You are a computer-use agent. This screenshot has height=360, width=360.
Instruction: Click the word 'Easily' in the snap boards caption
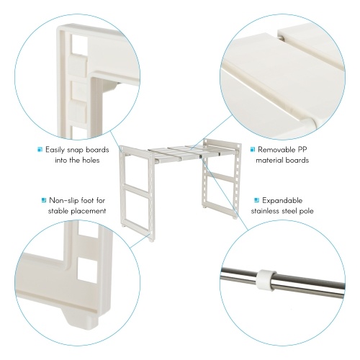point(55,150)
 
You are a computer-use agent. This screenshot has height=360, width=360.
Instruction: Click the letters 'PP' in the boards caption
point(302,150)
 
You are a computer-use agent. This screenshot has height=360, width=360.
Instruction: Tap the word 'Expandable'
point(282,200)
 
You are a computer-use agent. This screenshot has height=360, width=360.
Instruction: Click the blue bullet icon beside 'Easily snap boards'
point(40,150)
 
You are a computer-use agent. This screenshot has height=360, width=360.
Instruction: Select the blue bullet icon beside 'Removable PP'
point(253,150)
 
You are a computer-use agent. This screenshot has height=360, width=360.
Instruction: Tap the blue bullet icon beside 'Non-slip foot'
point(44,200)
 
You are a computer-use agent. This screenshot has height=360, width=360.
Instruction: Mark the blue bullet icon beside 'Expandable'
point(257,200)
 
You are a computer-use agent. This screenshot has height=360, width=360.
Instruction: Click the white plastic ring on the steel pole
point(266,280)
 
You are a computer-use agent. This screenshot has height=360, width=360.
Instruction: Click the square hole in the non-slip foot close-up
point(87,271)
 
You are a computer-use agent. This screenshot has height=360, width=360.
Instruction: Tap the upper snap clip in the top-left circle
point(77,64)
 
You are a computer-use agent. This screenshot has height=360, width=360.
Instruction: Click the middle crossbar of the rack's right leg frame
point(220,177)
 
